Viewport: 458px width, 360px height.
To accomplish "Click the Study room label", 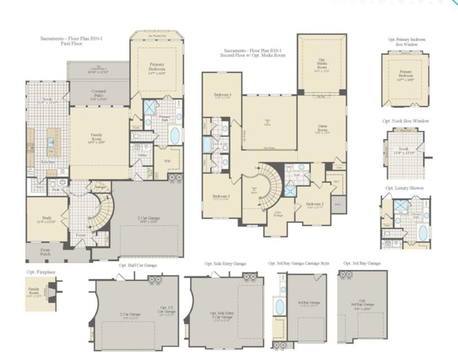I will pyautogui.click(x=47, y=219).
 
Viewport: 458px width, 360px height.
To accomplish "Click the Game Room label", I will pyautogui.click(x=322, y=129).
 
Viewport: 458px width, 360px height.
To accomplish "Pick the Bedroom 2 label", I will pyautogui.click(x=314, y=205).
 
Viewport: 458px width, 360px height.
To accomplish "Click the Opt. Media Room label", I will pyautogui.click(x=322, y=64).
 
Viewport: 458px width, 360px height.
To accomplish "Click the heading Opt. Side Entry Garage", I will pyautogui.click(x=226, y=264).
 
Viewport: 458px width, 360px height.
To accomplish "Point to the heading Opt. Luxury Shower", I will pyautogui.click(x=405, y=188).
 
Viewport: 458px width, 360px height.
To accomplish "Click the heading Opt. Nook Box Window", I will pyautogui.click(x=405, y=121).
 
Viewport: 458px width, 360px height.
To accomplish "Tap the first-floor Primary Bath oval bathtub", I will pyautogui.click(x=175, y=135).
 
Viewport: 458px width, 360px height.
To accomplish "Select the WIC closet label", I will pyautogui.click(x=168, y=159).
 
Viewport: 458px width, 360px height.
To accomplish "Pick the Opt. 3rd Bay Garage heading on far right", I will pyautogui.click(x=362, y=264).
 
